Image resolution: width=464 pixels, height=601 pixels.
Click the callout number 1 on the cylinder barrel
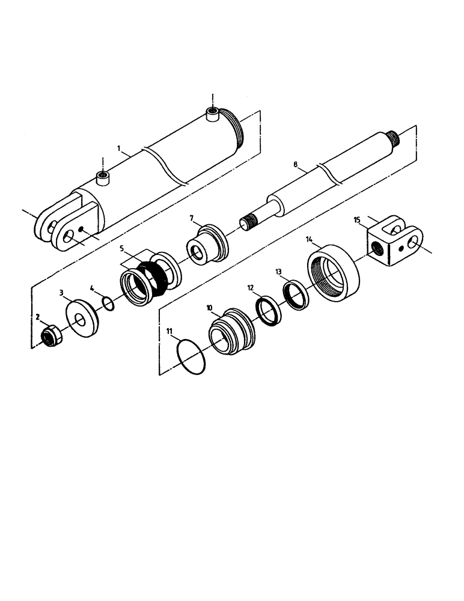point(119,147)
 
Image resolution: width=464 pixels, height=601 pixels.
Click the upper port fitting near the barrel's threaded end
point(213,114)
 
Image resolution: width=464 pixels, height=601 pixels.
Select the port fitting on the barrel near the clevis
point(103,177)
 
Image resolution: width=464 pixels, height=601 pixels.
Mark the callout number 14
point(310,239)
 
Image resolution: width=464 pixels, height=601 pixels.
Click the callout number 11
point(169,331)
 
